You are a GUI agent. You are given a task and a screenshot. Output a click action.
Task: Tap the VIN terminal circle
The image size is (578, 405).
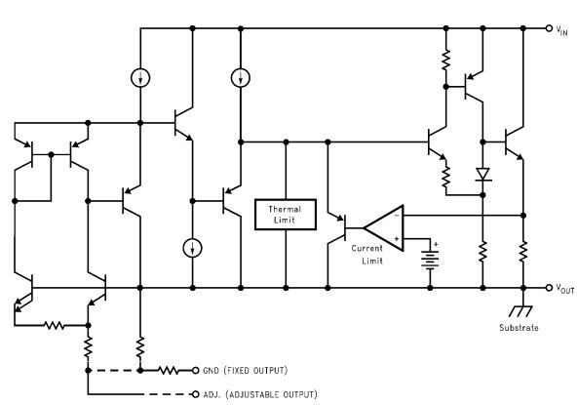tap(549, 28)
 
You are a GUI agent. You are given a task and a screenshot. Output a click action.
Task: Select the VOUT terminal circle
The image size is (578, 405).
tap(549, 288)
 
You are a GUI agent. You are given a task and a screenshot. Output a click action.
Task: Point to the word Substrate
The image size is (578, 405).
tap(519, 328)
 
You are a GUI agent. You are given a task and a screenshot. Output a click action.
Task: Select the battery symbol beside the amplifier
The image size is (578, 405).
tap(430, 261)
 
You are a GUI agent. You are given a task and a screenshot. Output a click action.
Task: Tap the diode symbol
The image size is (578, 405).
tap(482, 174)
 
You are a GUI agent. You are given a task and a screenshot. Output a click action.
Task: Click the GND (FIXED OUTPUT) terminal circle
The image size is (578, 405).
tap(195, 370)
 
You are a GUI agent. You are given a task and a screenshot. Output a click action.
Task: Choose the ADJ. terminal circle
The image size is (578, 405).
tap(195, 394)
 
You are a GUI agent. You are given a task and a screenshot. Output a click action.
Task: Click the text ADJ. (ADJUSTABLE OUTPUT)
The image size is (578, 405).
tap(260, 394)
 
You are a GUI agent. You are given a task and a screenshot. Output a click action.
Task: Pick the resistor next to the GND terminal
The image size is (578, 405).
tap(168, 370)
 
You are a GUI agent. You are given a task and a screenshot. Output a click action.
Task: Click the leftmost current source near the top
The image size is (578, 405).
tap(140, 78)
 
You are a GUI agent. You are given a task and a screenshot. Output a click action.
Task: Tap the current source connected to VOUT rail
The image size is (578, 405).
tap(192, 248)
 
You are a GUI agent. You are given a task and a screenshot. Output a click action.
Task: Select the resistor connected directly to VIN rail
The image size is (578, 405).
tap(445, 60)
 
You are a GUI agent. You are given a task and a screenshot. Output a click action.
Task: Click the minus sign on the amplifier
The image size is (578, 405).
tap(397, 215)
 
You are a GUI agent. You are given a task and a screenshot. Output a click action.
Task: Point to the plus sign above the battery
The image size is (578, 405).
tap(436, 244)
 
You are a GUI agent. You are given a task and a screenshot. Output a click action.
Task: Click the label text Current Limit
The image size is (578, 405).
tap(367, 255)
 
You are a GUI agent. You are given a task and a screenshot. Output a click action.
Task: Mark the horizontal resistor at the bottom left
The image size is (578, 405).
tap(55, 325)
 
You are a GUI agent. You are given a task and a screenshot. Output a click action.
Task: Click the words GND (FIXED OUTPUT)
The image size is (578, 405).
tap(245, 370)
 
